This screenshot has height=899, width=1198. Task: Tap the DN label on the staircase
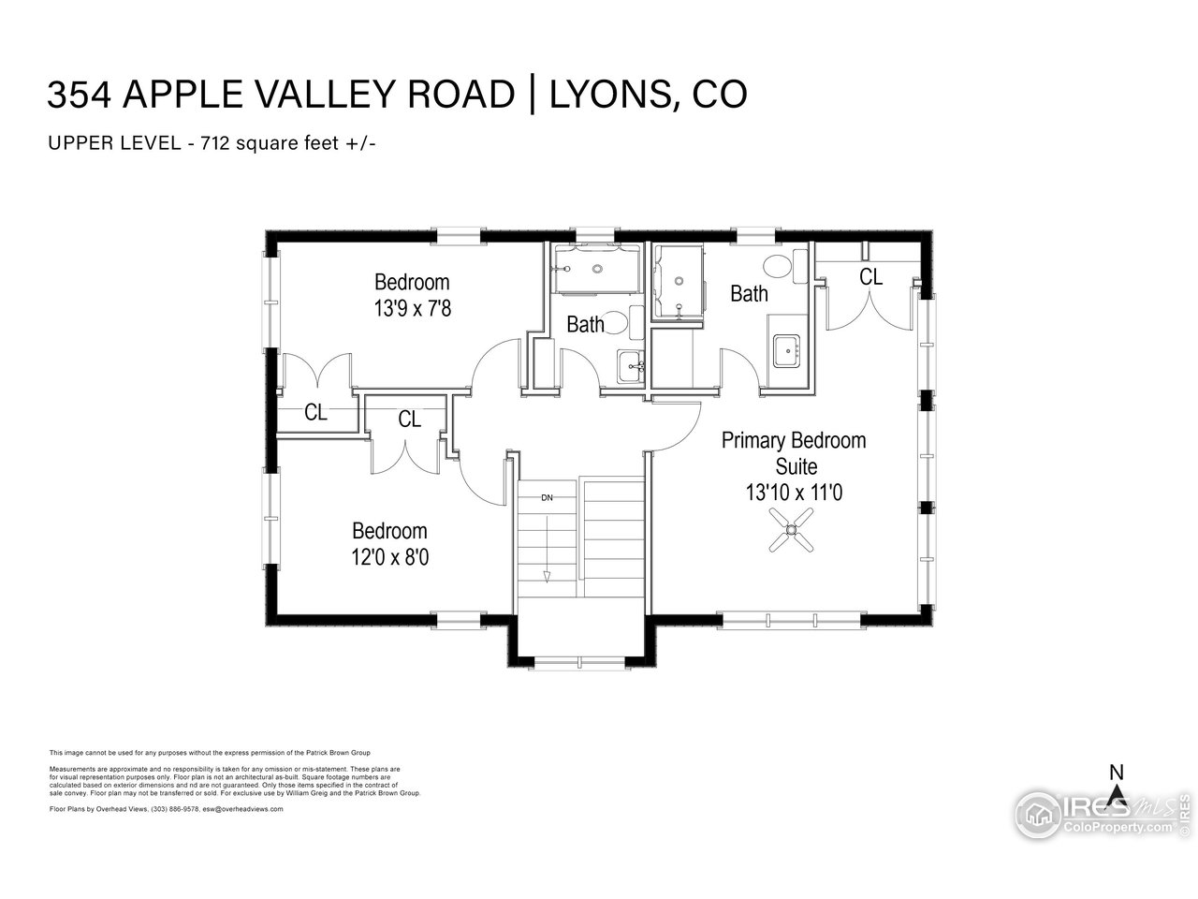coord(547,497)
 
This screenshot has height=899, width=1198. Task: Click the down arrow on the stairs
coord(547,575)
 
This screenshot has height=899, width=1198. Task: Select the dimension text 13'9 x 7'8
coord(413,308)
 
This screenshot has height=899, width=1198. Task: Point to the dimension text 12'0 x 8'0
coord(390,557)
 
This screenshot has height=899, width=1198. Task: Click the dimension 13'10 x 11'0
coord(794,491)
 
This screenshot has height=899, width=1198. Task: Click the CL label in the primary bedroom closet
coord(870,277)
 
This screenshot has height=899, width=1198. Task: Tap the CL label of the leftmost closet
coord(316,413)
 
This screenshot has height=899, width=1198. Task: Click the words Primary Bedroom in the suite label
coord(794,440)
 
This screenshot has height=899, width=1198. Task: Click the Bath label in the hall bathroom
coord(585,325)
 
